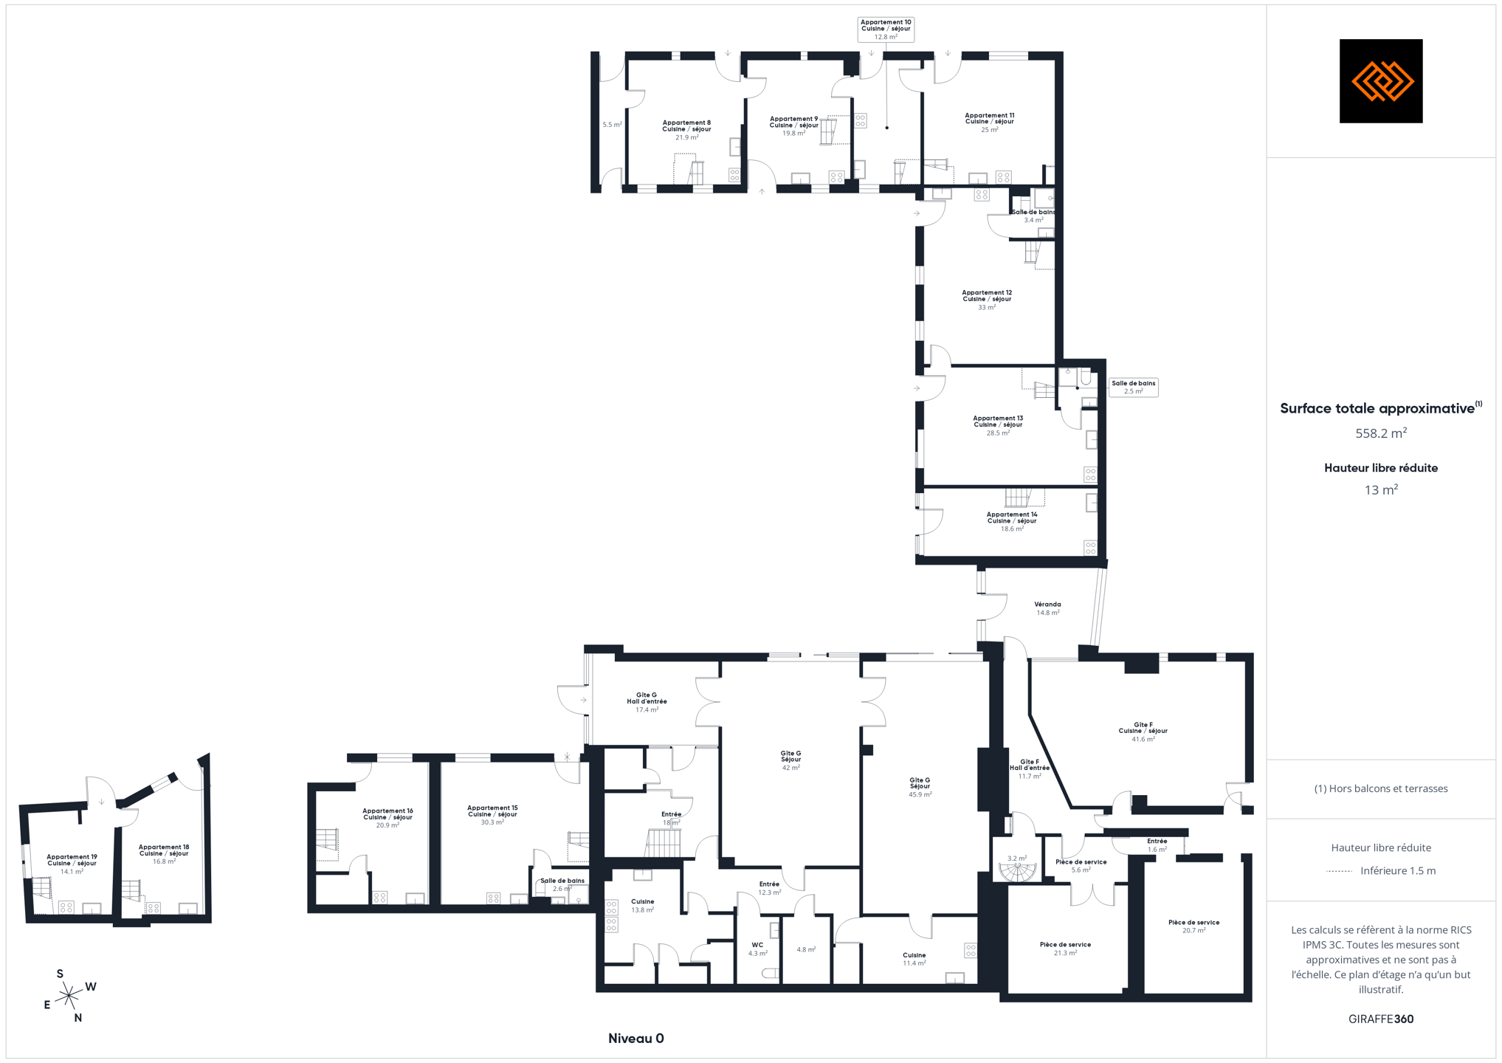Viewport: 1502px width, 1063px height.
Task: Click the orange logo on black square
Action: click(x=1380, y=80)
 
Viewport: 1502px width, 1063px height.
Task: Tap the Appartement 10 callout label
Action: click(x=886, y=30)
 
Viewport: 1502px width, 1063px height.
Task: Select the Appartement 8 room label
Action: click(x=686, y=130)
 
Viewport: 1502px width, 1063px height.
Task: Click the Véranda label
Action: click(x=1047, y=608)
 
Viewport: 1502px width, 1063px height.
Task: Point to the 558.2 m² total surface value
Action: click(x=1380, y=433)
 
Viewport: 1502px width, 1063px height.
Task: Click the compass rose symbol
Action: click(x=69, y=996)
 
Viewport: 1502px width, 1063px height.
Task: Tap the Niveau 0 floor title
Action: click(x=635, y=1039)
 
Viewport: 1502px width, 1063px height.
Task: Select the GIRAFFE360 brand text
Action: click(x=1380, y=1019)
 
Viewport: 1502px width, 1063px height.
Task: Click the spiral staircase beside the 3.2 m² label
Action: click(x=1018, y=873)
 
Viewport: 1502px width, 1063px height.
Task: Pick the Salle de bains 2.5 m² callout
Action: click(x=1133, y=387)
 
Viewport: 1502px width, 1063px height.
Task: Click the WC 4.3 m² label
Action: click(x=757, y=949)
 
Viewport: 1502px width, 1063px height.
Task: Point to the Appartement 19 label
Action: click(x=72, y=864)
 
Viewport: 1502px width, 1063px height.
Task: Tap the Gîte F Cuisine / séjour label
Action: click(x=1143, y=732)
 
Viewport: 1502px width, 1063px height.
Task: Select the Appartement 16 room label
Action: click(x=387, y=818)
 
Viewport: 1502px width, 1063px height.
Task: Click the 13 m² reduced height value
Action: click(x=1380, y=490)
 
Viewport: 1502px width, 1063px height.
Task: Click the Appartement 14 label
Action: click(x=1011, y=521)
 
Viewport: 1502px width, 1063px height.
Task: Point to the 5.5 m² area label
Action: click(x=612, y=125)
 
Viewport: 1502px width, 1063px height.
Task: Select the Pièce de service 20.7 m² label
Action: click(x=1193, y=926)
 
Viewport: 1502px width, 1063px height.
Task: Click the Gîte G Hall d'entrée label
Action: click(x=647, y=702)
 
